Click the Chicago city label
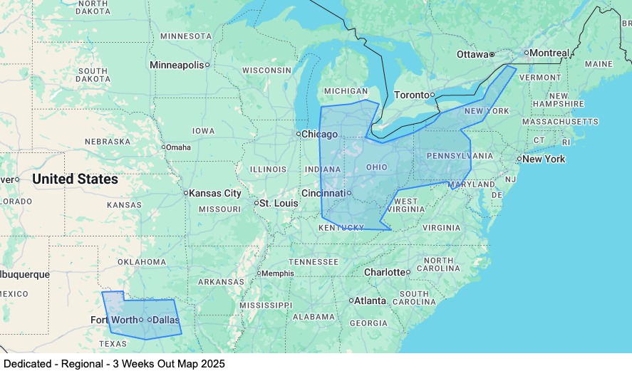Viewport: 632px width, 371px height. [x=320, y=134]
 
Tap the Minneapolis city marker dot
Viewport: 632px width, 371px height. [x=207, y=65]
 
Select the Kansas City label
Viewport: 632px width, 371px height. [x=216, y=193]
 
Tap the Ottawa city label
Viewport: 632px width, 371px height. [x=472, y=54]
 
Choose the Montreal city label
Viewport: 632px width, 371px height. [x=550, y=53]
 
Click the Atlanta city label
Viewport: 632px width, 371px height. [x=371, y=301]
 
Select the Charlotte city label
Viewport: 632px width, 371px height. [x=384, y=272]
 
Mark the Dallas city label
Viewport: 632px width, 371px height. [x=166, y=320]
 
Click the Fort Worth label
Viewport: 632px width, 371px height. [x=114, y=320]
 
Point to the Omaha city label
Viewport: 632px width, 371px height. [x=179, y=147]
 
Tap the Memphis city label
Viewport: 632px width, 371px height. [x=278, y=273]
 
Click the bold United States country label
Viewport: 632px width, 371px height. [x=75, y=179]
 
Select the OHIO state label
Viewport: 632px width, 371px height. [x=376, y=167]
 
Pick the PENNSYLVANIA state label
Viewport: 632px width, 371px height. [x=460, y=155]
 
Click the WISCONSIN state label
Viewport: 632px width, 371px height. [x=266, y=70]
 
